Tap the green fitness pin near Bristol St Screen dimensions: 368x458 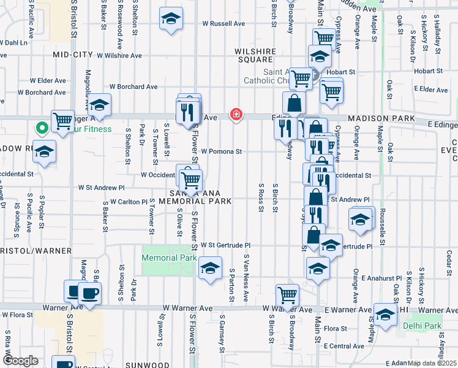42,129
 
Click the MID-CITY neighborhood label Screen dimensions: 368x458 72,55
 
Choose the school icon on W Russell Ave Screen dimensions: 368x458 171,19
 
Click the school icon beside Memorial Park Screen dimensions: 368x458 210,269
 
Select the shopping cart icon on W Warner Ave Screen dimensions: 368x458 287,295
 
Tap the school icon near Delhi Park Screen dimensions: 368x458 386,315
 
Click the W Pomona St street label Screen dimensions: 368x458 222,151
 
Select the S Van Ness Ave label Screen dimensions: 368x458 246,278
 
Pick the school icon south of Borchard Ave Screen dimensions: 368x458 99,104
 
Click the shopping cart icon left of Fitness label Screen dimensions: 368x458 62,121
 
